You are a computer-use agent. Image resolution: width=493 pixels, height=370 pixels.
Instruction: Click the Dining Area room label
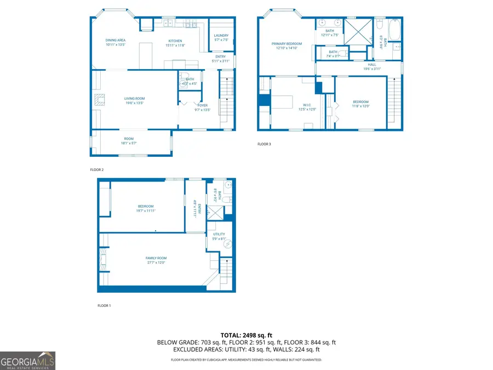116,40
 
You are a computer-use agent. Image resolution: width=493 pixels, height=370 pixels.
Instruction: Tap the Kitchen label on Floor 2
175,41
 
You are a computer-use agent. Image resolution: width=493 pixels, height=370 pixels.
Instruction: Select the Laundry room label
221,36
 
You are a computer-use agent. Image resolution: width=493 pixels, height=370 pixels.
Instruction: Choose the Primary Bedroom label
286,43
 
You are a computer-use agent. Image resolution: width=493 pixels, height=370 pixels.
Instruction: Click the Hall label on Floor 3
372,64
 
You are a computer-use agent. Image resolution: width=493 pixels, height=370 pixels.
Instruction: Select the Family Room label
156,258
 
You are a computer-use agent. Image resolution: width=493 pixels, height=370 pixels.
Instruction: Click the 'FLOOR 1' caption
104,305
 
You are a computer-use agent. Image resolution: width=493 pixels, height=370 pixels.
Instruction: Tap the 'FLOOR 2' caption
97,170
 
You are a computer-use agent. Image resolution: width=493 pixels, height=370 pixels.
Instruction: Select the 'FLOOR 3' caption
264,144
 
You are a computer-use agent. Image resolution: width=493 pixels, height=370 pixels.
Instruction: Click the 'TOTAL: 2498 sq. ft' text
246,335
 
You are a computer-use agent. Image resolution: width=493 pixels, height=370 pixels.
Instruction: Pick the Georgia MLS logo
27,361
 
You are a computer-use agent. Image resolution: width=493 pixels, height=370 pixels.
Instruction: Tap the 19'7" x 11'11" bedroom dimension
145,210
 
